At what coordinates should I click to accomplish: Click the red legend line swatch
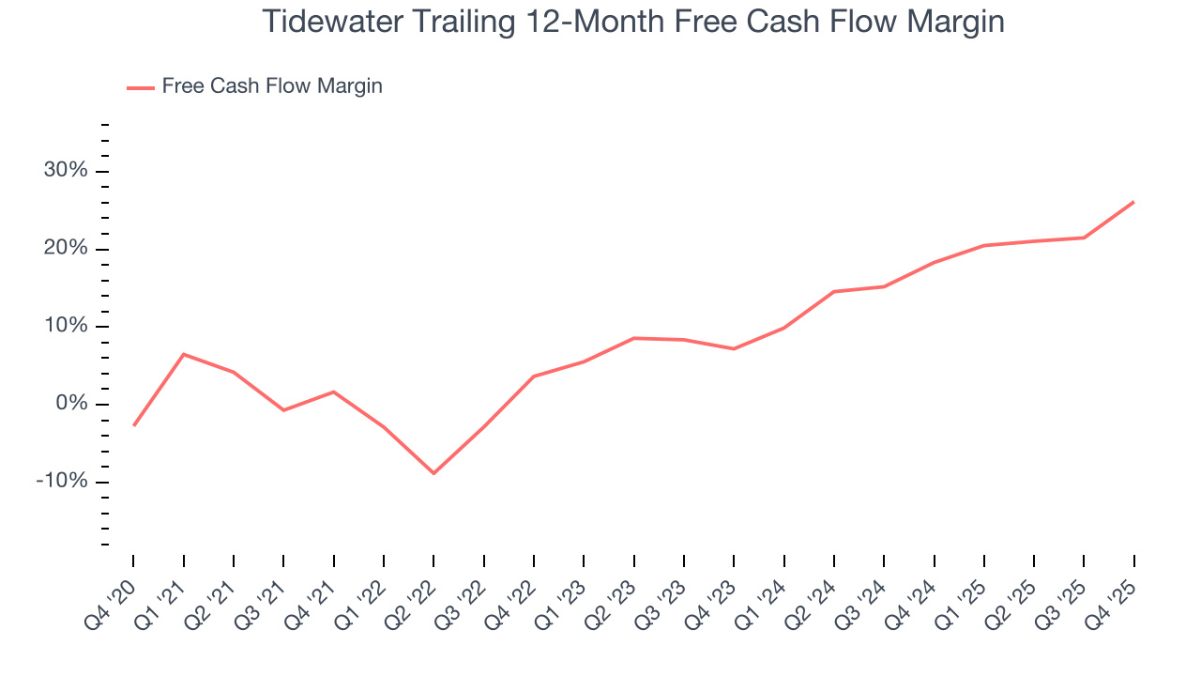[x=140, y=87]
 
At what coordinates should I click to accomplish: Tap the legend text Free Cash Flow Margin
[x=272, y=86]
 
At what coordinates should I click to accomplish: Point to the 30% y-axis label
[x=67, y=171]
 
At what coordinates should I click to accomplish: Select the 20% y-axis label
[x=67, y=249]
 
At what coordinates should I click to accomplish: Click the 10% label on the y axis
[x=67, y=327]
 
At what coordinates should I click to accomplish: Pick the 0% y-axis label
[x=71, y=404]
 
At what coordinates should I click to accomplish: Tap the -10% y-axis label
[x=63, y=482]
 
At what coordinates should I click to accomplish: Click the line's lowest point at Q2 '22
[x=433, y=473]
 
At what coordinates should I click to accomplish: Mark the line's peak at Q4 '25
[x=1133, y=202]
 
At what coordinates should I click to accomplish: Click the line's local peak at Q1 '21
[x=183, y=354]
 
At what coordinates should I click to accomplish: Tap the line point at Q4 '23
[x=734, y=348]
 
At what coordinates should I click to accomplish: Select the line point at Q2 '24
[x=833, y=291]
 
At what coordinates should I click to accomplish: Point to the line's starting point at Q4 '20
[x=133, y=425]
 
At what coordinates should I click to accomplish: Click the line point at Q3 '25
[x=1084, y=238]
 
